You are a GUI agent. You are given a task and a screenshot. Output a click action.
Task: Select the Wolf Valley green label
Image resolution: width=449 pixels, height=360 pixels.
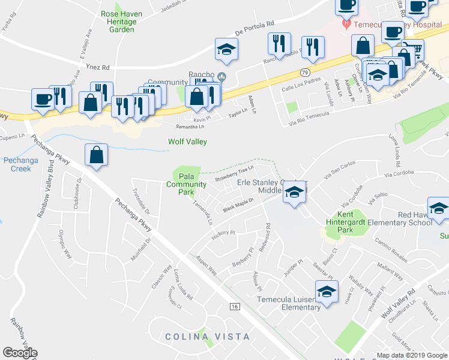(x=187, y=142)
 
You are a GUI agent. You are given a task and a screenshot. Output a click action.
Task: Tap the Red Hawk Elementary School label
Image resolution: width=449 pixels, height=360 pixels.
(x=414, y=219)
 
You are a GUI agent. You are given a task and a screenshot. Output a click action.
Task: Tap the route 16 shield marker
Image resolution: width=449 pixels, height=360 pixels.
(x=234, y=307)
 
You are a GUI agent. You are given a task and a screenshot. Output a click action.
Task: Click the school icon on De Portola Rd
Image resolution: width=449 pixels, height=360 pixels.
(x=227, y=50)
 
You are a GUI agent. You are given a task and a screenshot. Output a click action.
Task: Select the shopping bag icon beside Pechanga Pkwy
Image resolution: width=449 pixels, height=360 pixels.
(x=96, y=155)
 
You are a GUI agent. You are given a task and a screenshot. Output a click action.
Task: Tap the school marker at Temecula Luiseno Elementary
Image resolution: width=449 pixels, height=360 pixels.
(x=327, y=292)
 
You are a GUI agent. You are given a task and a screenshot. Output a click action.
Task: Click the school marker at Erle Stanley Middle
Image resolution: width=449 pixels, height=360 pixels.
(x=294, y=192)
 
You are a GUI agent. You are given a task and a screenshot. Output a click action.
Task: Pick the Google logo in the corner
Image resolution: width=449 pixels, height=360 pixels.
(x=20, y=353)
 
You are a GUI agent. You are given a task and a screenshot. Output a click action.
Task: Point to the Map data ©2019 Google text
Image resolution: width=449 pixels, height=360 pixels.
(x=412, y=355)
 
